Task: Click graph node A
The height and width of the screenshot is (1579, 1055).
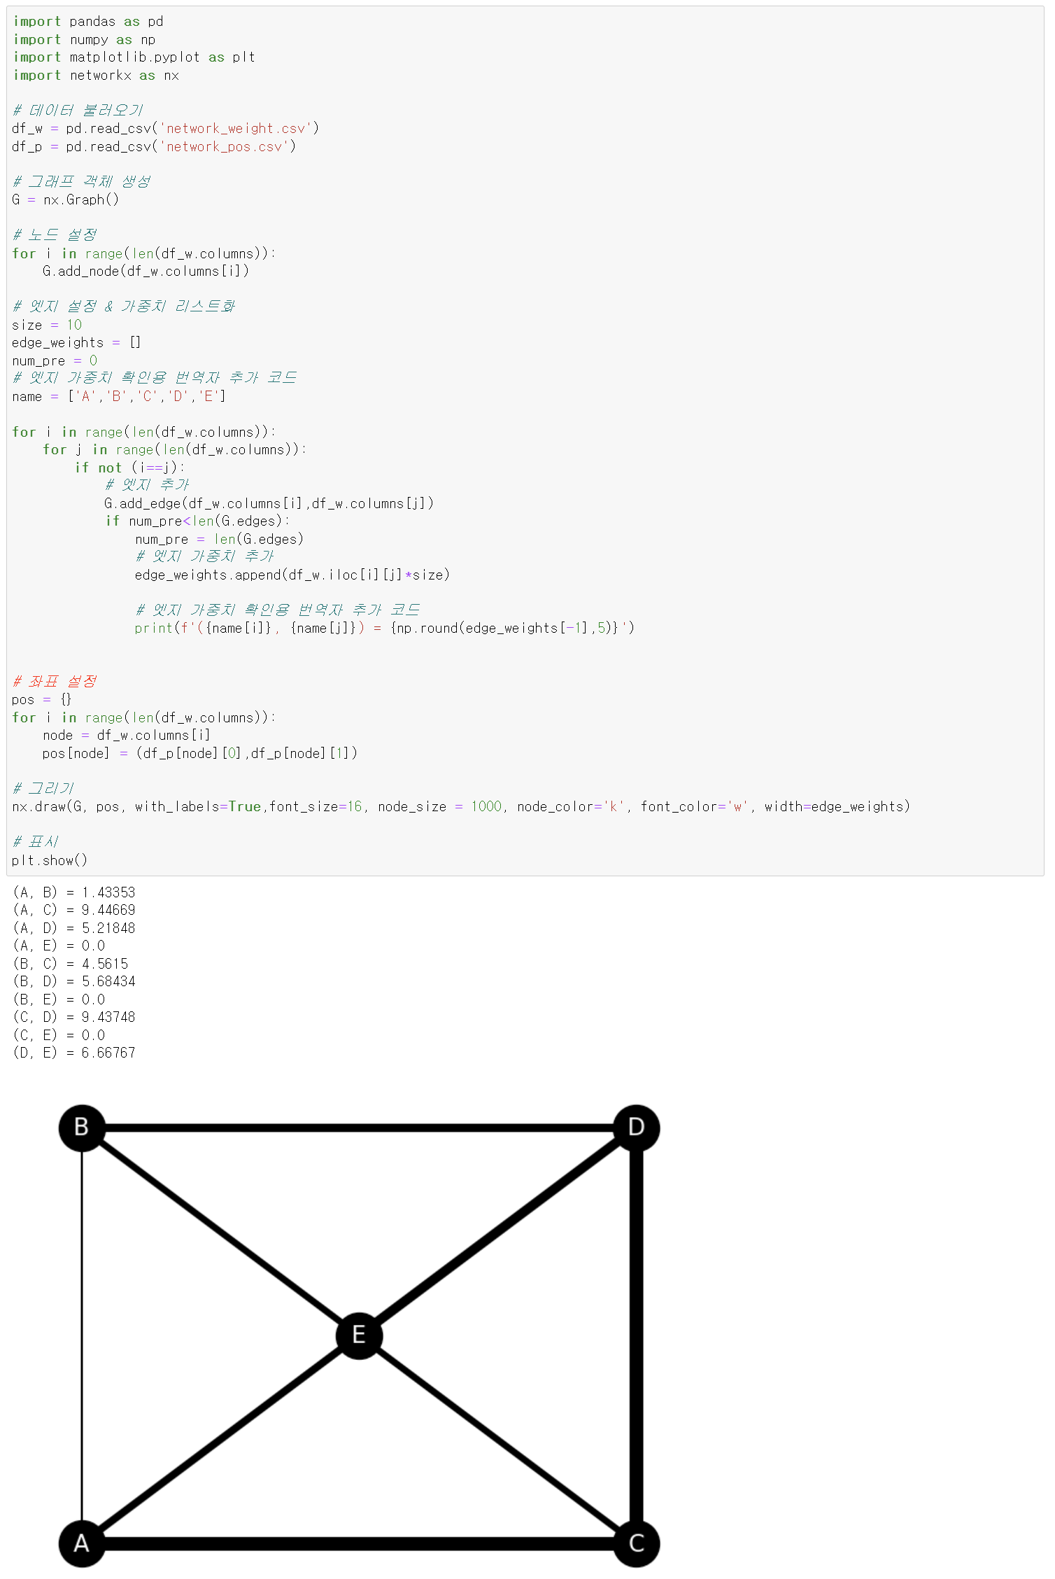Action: [x=82, y=1543]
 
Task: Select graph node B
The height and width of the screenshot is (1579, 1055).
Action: [x=82, y=1128]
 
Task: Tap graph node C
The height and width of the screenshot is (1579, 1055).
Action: [x=637, y=1543]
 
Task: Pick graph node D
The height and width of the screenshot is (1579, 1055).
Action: [x=637, y=1128]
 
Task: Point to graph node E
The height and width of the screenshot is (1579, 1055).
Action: [x=359, y=1335]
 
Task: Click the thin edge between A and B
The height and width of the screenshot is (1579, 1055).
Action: [x=82, y=1335]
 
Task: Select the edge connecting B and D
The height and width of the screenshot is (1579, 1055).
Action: [x=359, y=1128]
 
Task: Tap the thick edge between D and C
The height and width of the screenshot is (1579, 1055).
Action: [x=637, y=1335]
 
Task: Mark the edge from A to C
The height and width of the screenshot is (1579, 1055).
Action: [x=359, y=1543]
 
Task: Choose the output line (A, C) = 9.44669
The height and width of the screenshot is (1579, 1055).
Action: [x=74, y=910]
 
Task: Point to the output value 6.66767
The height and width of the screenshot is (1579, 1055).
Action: [x=108, y=1053]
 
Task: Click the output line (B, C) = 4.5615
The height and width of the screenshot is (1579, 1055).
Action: [x=71, y=964]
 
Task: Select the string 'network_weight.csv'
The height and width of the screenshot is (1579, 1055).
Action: [x=236, y=128]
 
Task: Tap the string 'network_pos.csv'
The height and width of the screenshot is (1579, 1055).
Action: [x=224, y=146]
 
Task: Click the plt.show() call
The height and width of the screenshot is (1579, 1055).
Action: [x=50, y=860]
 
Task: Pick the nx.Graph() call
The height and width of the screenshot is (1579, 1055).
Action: [x=81, y=199]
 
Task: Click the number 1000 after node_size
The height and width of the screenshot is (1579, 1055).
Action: [x=486, y=806]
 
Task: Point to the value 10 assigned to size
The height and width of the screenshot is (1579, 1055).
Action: [x=74, y=325]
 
